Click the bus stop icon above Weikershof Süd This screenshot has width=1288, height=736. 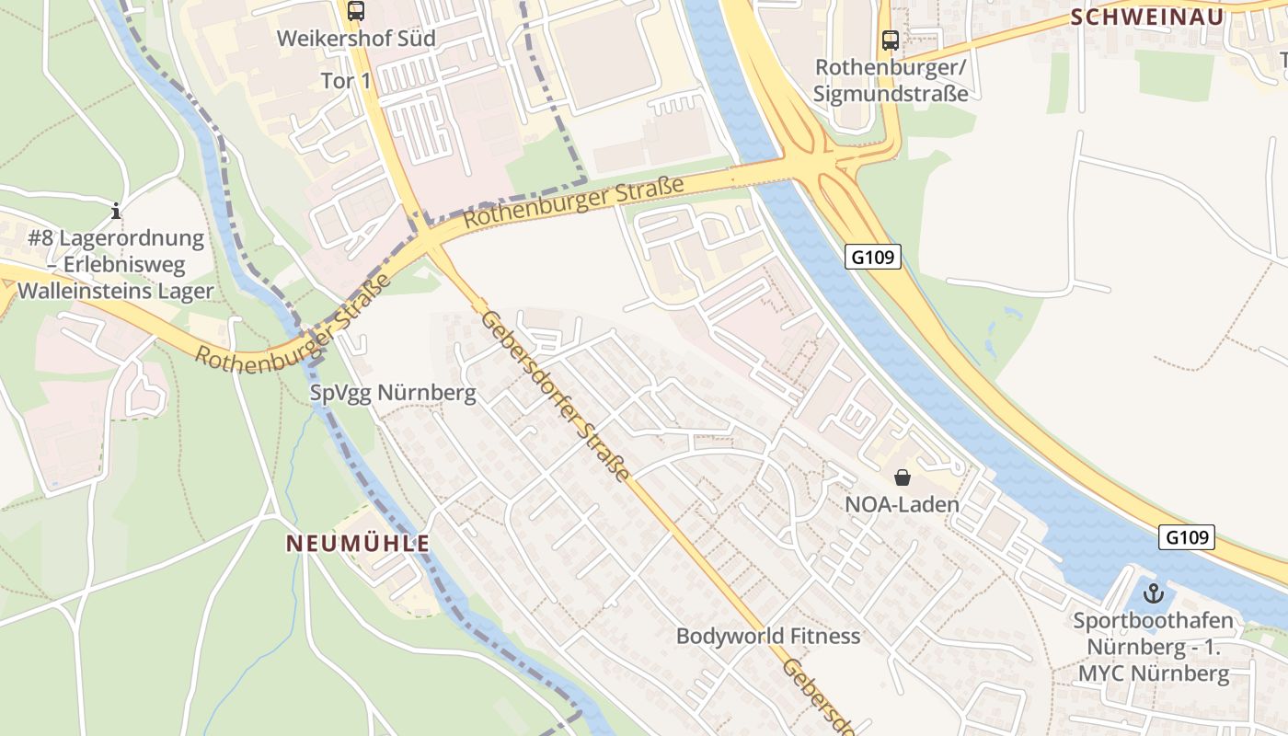[356, 12]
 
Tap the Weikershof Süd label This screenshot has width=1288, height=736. [356, 40]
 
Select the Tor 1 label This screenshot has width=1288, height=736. [346, 81]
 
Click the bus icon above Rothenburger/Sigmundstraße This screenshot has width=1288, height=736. [891, 40]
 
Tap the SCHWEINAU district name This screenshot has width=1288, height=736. [1147, 17]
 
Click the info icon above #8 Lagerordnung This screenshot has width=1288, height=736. [115, 211]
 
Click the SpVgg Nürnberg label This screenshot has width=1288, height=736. [393, 394]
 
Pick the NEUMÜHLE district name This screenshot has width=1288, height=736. [358, 544]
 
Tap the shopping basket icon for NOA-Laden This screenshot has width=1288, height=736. [903, 477]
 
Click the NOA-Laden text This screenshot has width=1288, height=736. [903, 504]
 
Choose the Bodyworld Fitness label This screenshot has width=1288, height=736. [768, 636]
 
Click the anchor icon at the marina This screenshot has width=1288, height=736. [1153, 593]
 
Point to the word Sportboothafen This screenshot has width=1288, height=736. [1153, 621]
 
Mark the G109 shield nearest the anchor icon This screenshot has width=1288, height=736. [1186, 537]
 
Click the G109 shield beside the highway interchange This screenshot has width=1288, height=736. [872, 257]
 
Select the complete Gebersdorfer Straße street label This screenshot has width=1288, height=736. [556, 396]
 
